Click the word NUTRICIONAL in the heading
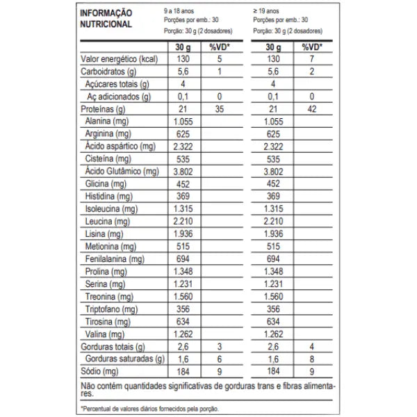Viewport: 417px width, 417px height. point(106,24)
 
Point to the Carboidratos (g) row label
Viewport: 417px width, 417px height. point(108,72)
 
